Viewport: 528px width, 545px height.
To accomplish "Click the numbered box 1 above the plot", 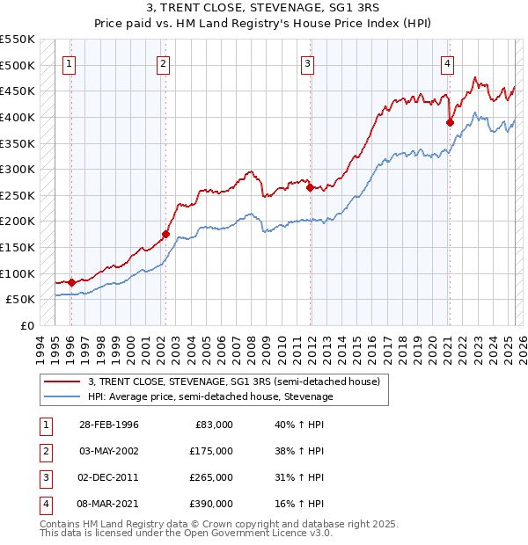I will point(69,63).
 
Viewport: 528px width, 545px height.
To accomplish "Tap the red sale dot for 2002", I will point(165,234).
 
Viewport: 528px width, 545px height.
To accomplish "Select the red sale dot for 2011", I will point(310,187).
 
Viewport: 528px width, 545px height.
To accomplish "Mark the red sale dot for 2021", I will point(450,123).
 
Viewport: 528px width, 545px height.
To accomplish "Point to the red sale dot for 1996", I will point(71,282).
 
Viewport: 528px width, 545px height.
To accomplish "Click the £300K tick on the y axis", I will point(18,169).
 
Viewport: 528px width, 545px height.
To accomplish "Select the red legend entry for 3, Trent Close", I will point(233,381).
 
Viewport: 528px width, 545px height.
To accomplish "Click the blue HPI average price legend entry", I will point(209,396).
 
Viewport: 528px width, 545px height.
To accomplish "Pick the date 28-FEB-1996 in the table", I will point(108,425).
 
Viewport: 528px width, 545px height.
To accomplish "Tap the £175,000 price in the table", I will point(211,451).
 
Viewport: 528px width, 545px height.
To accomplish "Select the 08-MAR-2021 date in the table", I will point(108,504).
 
